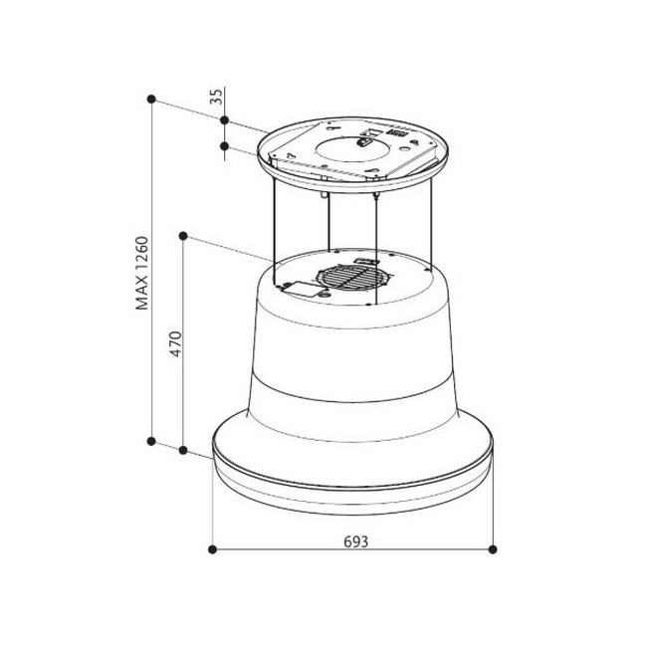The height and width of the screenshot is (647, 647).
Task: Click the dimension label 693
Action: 355,541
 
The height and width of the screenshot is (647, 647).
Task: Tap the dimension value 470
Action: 176,343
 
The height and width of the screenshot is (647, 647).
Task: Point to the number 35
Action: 216,97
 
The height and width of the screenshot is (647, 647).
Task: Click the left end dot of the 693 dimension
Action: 212,549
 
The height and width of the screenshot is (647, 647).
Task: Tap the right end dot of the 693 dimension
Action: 493,549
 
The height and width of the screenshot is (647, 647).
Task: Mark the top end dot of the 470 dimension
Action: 183,236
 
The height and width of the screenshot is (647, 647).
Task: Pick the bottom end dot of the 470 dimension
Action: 183,450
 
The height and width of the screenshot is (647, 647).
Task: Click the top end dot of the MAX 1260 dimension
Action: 151,99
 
